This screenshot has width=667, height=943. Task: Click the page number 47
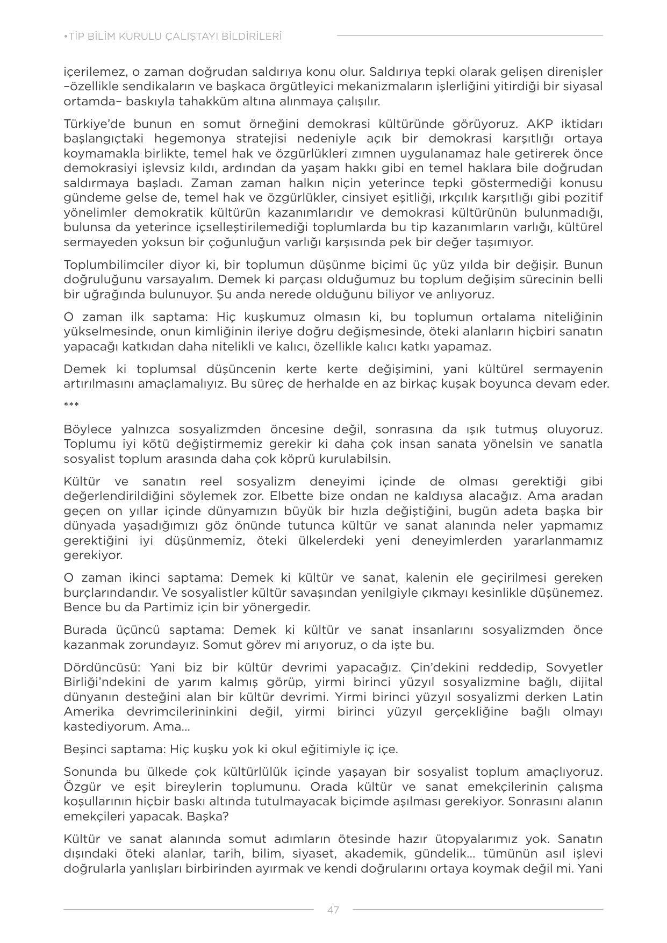pyautogui.click(x=333, y=910)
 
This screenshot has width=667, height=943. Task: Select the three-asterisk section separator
pyautogui.click(x=71, y=405)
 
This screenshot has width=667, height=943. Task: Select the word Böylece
pyautogui.click(x=88, y=429)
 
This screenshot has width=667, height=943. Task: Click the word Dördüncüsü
pyautogui.click(x=102, y=667)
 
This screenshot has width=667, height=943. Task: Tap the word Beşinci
pyautogui.click(x=86, y=749)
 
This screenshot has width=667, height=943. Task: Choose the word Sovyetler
pyautogui.click(x=574, y=667)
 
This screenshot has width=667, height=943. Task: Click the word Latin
pyautogui.click(x=587, y=697)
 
